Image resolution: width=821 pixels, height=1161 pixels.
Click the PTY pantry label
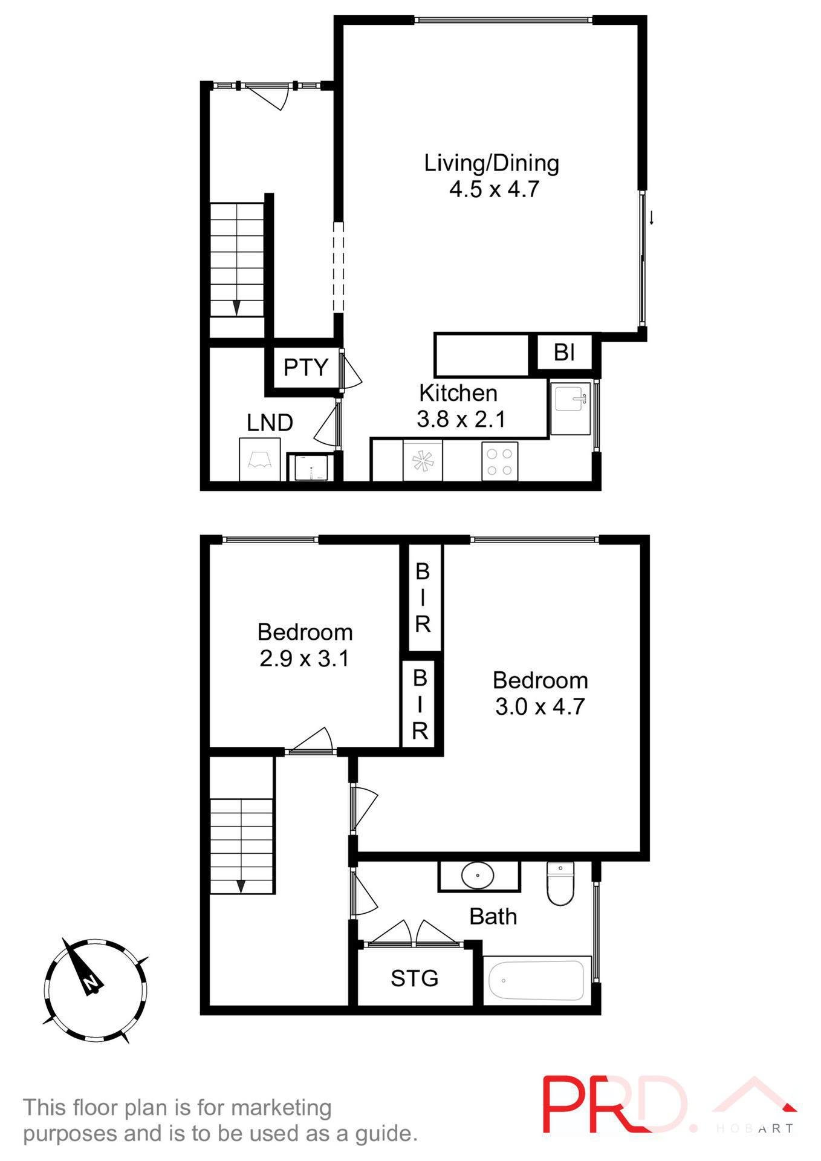pyautogui.click(x=305, y=367)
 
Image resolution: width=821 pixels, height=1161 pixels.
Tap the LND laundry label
pyautogui.click(x=270, y=423)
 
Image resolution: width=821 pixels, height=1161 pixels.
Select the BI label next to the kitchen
pyautogui.click(x=564, y=352)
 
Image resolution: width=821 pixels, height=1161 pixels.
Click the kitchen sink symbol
pyautogui.click(x=571, y=400)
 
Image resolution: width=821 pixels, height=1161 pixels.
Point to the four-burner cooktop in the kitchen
pyautogui.click(x=499, y=461)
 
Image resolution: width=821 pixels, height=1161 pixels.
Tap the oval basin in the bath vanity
pyautogui.click(x=478, y=875)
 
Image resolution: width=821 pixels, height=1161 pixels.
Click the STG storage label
pyautogui.click(x=414, y=978)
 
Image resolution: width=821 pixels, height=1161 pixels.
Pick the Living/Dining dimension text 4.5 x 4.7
pyautogui.click(x=493, y=189)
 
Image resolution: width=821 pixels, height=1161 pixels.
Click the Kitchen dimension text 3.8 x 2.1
pyautogui.click(x=461, y=419)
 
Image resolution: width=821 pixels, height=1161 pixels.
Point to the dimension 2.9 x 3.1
pyautogui.click(x=304, y=658)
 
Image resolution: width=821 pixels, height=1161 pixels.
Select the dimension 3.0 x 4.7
pyautogui.click(x=539, y=706)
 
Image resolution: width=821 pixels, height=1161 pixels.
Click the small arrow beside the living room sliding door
pyautogui.click(x=652, y=218)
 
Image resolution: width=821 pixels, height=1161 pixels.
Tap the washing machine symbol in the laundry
pyautogui.click(x=310, y=467)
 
